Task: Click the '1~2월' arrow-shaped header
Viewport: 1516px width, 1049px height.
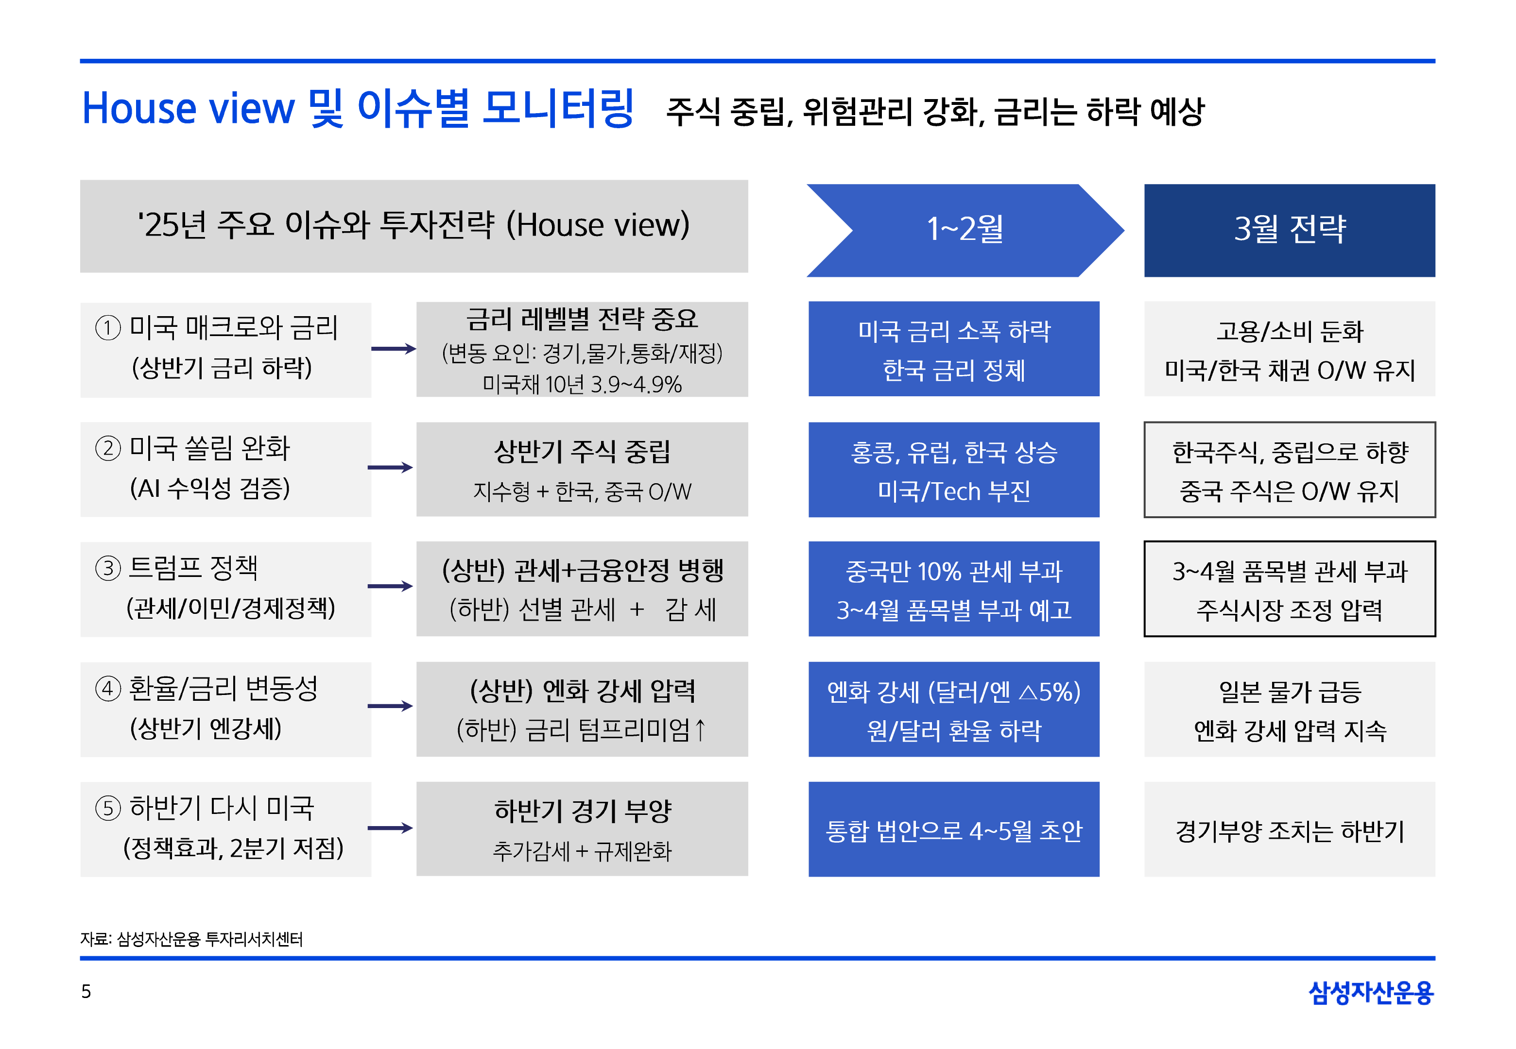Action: (965, 230)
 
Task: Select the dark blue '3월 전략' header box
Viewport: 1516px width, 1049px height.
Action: (1289, 230)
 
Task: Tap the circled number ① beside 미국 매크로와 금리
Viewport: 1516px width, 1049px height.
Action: (108, 327)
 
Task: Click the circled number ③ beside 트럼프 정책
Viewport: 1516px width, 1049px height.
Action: (108, 568)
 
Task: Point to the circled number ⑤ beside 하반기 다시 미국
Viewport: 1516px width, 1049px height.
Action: (108, 808)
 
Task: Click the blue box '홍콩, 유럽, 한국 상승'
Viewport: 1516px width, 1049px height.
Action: (954, 469)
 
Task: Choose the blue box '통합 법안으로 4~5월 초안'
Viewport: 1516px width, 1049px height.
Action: (954, 829)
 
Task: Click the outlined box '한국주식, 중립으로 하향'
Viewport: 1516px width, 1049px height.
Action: (1289, 469)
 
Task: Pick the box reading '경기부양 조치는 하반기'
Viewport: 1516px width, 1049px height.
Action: (1289, 829)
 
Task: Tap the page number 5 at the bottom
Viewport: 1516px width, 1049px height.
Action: (86, 991)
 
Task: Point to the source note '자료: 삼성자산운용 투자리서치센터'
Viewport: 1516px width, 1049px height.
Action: (191, 939)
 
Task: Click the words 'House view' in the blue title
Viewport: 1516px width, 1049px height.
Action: (188, 108)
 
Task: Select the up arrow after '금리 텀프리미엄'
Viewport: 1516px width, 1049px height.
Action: (700, 729)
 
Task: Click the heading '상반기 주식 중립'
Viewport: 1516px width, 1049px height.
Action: (582, 451)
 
